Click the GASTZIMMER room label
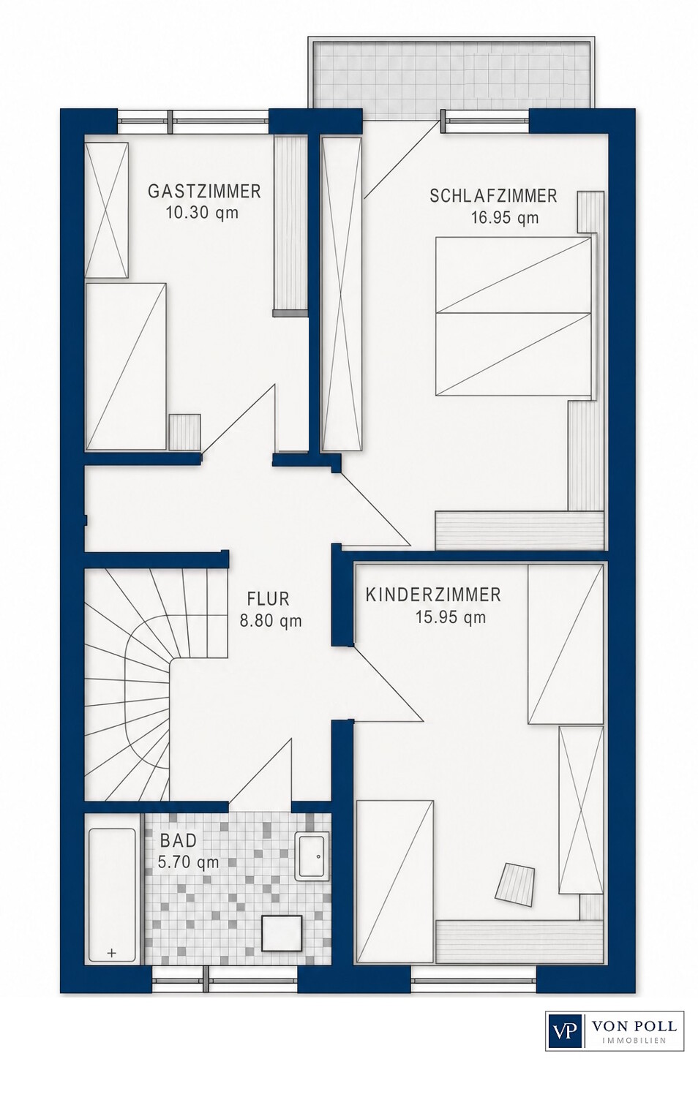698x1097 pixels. pyautogui.click(x=204, y=192)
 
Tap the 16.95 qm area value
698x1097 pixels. pyautogui.click(x=505, y=217)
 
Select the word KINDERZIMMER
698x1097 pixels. pyautogui.click(x=433, y=595)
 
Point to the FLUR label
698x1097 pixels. pyautogui.click(x=268, y=599)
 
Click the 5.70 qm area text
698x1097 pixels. pyautogui.click(x=188, y=862)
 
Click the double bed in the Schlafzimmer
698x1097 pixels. pyautogui.click(x=514, y=316)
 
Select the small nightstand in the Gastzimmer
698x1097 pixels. pyautogui.click(x=184, y=431)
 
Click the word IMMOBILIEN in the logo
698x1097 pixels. pyautogui.click(x=634, y=1050)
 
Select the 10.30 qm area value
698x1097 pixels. pyautogui.click(x=202, y=213)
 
